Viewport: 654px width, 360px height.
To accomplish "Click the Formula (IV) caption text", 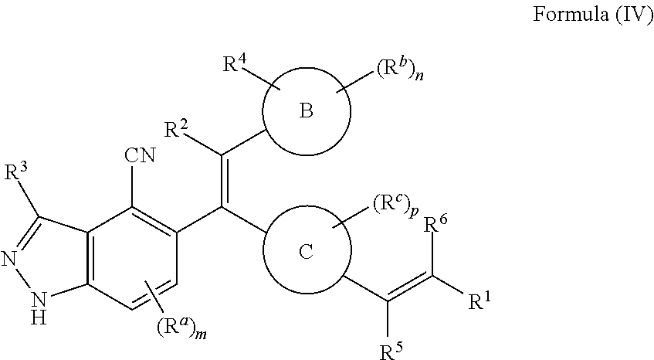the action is click(593, 18).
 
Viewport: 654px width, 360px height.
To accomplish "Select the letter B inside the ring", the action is click(307, 112).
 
